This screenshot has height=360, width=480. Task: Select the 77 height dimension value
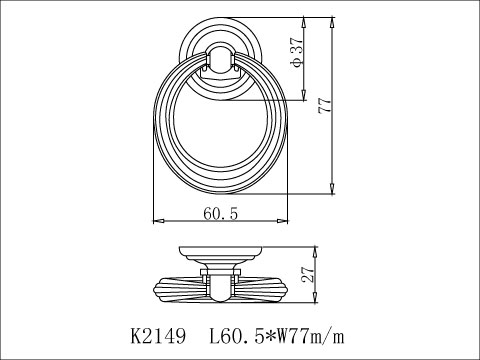323,105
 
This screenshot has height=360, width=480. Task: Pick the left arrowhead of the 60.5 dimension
155,221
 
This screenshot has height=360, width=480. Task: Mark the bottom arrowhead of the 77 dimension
331,189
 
